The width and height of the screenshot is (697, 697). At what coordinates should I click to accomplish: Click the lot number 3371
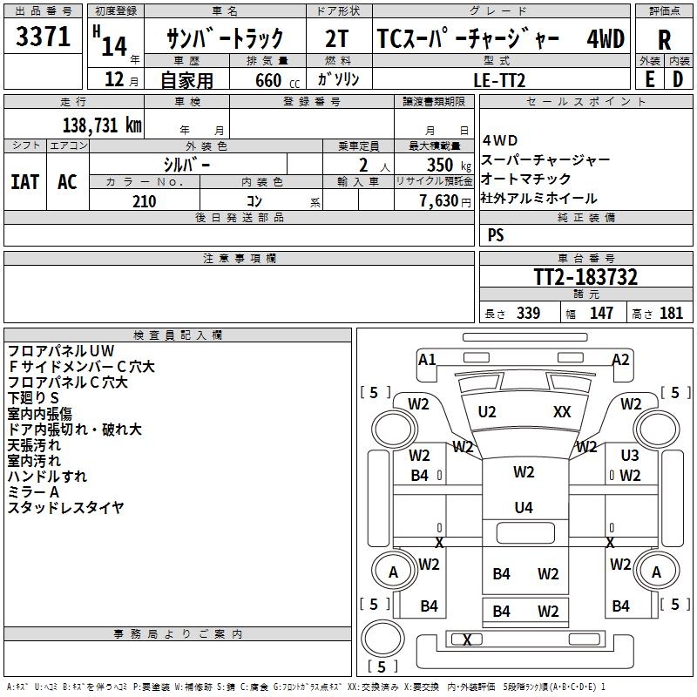[44, 37]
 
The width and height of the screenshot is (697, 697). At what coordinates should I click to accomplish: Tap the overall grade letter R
[664, 39]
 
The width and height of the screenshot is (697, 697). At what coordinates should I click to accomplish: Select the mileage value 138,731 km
[101, 125]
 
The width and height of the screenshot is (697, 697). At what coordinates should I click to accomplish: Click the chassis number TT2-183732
[585, 278]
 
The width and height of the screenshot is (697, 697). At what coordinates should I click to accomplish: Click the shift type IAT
[24, 181]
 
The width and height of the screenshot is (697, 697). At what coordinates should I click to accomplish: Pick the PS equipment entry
[496, 235]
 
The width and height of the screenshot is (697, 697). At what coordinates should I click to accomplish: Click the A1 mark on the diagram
[427, 359]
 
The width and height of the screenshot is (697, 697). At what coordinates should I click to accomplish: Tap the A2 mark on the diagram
[620, 359]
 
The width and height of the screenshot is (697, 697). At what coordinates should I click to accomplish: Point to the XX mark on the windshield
[562, 411]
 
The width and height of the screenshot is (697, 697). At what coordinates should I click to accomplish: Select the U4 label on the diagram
[524, 507]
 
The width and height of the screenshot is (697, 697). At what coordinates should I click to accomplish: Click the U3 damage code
[630, 456]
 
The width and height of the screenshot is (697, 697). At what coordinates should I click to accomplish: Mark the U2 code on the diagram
[487, 411]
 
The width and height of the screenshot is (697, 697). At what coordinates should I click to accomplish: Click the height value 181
[672, 314]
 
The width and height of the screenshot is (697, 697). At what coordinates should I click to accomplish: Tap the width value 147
[601, 314]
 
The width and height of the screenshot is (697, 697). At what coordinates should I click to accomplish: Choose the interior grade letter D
[678, 78]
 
